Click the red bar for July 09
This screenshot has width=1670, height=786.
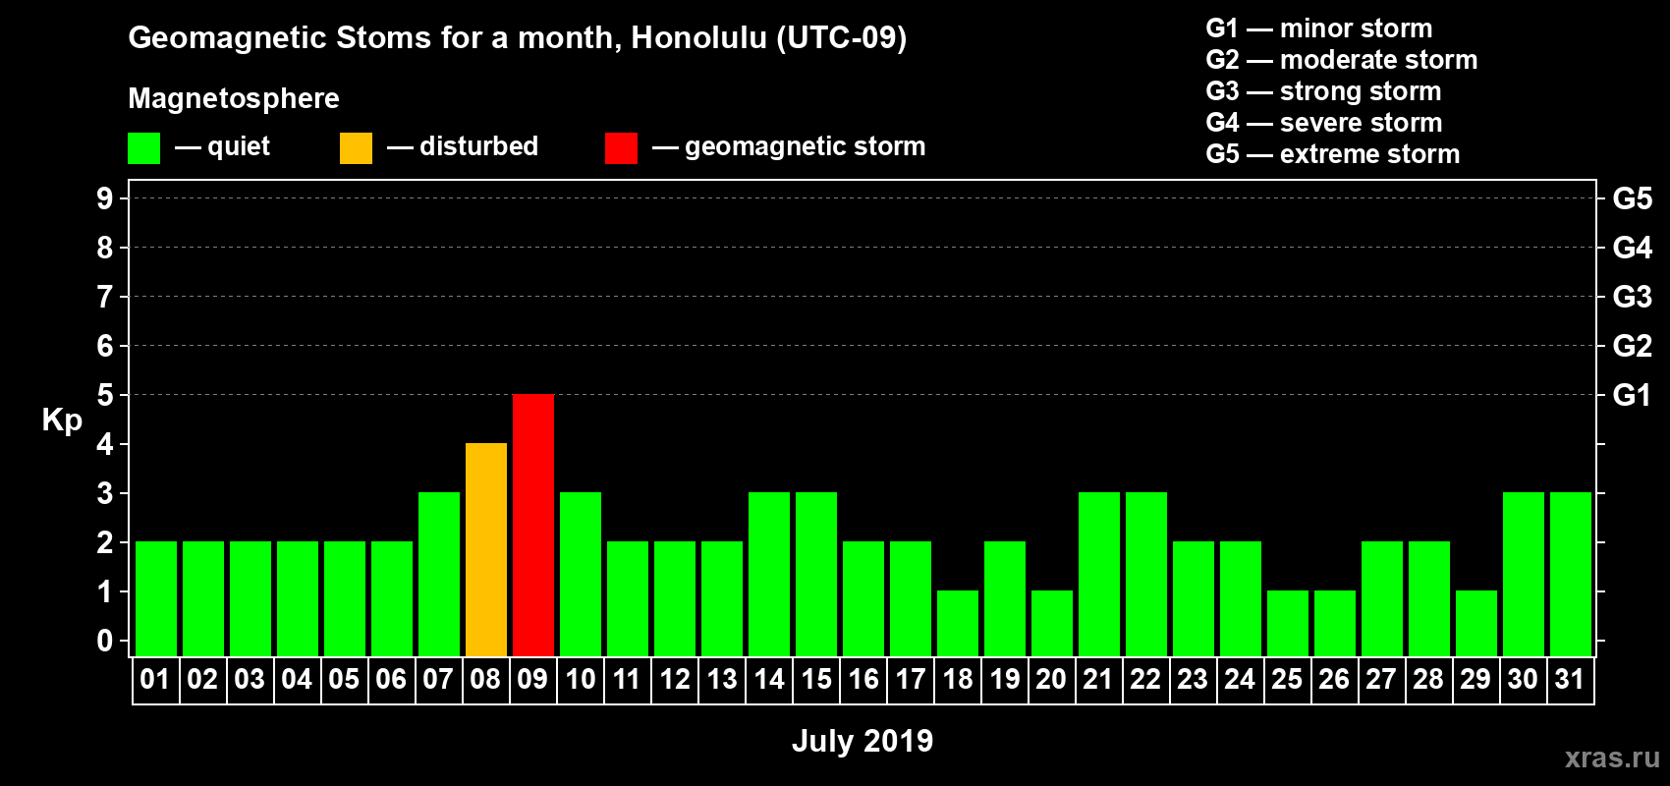click(x=533, y=525)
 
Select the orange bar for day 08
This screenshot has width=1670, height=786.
click(x=486, y=549)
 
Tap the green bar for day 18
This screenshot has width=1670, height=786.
click(x=957, y=624)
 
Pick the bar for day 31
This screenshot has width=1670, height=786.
click(x=1570, y=574)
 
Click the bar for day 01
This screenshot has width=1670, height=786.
click(x=156, y=598)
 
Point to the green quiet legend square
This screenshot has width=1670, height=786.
click(x=143, y=147)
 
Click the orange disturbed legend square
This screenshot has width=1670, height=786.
click(x=356, y=147)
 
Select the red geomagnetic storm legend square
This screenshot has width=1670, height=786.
click(x=621, y=147)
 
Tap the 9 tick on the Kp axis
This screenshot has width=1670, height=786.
click(x=104, y=198)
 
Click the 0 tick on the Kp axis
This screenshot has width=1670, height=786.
click(x=104, y=641)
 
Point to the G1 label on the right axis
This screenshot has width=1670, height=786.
click(x=1632, y=395)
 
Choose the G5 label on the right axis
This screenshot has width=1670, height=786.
click(x=1632, y=198)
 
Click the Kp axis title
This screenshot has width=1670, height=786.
click(x=62, y=421)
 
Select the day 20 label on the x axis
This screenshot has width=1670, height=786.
click(x=1051, y=679)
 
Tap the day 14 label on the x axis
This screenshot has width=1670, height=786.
click(x=768, y=679)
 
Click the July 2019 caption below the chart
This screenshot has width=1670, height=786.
click(x=863, y=741)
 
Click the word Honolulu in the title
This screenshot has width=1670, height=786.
click(x=698, y=37)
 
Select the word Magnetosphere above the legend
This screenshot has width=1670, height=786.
click(x=234, y=98)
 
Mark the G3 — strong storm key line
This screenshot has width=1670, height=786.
click(x=1323, y=91)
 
